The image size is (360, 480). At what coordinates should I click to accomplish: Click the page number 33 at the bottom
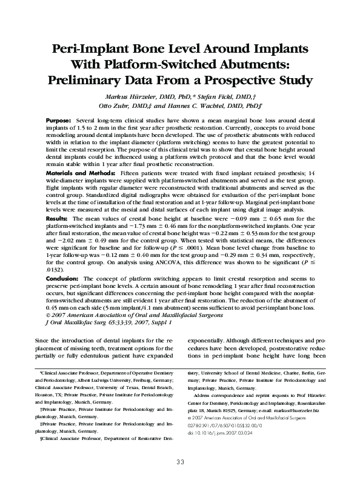point(180,462)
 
